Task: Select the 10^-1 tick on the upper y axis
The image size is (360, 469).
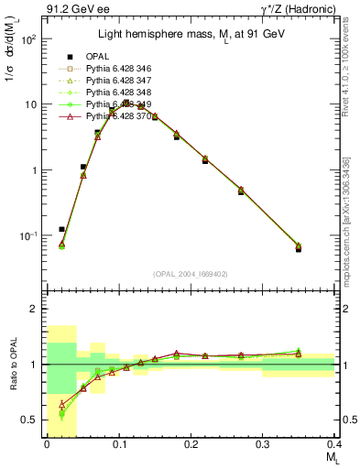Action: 28,235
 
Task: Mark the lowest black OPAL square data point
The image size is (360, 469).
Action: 323,248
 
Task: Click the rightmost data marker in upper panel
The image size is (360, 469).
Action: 323,245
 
